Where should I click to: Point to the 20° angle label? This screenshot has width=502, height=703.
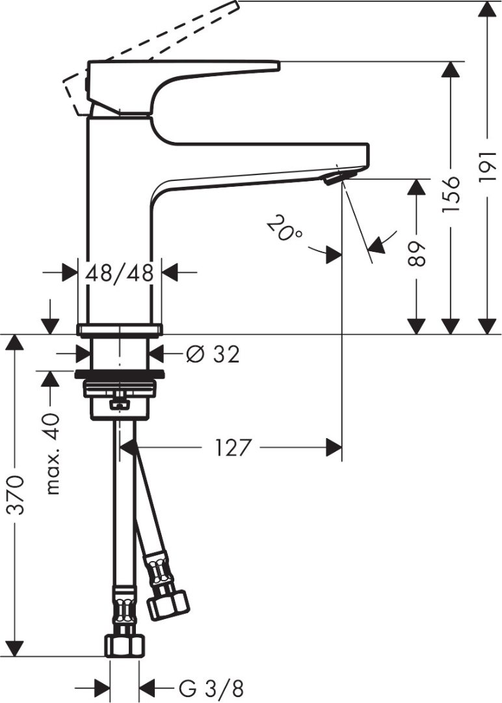click(x=284, y=229)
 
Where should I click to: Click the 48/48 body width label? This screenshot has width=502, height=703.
click(x=120, y=273)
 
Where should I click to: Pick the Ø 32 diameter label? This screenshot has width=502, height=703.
click(x=212, y=354)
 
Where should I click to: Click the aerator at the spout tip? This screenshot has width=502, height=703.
click(x=334, y=177)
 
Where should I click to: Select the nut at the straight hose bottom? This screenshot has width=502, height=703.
click(x=124, y=645)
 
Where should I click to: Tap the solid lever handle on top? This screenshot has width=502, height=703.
click(x=182, y=72)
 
